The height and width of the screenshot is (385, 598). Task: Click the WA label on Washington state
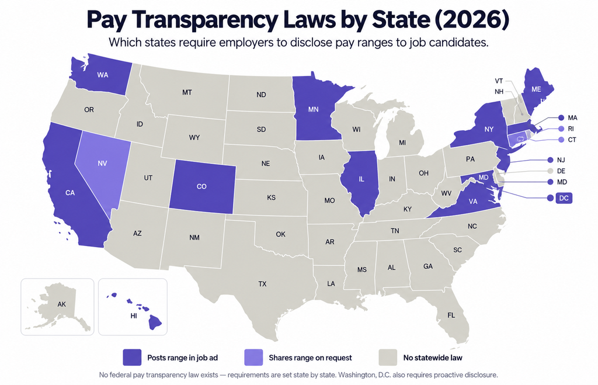point(103,75)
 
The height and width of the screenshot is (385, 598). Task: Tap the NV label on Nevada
point(102,164)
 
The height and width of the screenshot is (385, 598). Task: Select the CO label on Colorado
point(201,186)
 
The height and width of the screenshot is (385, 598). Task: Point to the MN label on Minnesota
point(313,109)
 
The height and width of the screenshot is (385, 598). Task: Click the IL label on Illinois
point(361,179)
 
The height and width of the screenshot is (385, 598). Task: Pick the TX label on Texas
point(262,284)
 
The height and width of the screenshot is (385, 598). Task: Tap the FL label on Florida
point(451,315)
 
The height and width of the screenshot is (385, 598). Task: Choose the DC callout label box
point(564,198)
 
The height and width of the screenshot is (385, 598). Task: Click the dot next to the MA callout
point(561,118)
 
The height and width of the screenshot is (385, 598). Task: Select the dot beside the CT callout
point(561,140)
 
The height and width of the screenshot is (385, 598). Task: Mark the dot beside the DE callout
point(550,171)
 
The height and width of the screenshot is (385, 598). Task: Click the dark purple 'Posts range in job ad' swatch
point(132,358)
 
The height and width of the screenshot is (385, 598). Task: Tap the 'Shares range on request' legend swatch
point(253,358)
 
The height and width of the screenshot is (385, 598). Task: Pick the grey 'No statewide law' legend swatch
point(388,358)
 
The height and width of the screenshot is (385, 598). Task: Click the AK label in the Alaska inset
point(61,304)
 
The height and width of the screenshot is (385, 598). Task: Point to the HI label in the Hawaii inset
point(134,316)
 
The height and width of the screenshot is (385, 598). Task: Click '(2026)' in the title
point(471,20)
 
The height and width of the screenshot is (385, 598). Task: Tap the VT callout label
point(499,81)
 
